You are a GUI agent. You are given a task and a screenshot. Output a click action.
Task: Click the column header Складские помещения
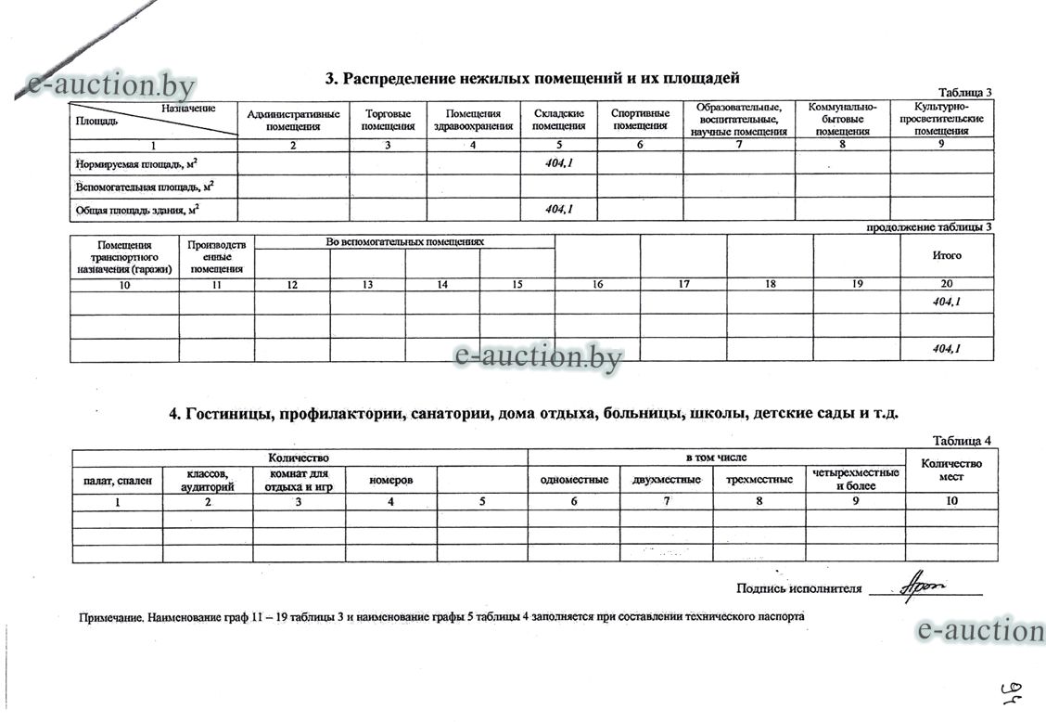click(x=559, y=120)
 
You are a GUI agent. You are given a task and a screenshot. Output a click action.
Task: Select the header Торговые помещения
click(x=388, y=120)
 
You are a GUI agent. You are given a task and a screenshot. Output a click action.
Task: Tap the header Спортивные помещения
click(x=640, y=120)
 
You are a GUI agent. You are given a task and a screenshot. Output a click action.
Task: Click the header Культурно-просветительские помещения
click(x=941, y=119)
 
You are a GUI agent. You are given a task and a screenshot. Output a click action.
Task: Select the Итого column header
click(x=947, y=255)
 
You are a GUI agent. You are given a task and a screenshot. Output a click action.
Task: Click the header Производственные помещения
click(x=216, y=257)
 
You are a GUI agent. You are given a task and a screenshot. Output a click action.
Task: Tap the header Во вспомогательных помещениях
click(x=405, y=242)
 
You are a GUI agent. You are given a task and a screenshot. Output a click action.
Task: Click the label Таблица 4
click(x=962, y=441)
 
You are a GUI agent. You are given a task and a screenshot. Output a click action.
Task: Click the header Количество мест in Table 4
click(x=951, y=470)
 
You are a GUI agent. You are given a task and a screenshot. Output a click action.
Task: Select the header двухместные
click(x=666, y=480)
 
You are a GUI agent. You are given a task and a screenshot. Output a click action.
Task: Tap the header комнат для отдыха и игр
click(x=299, y=480)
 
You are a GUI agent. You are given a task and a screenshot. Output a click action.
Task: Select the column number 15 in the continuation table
click(x=517, y=285)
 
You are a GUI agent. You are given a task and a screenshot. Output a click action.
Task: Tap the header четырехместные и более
click(x=855, y=480)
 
